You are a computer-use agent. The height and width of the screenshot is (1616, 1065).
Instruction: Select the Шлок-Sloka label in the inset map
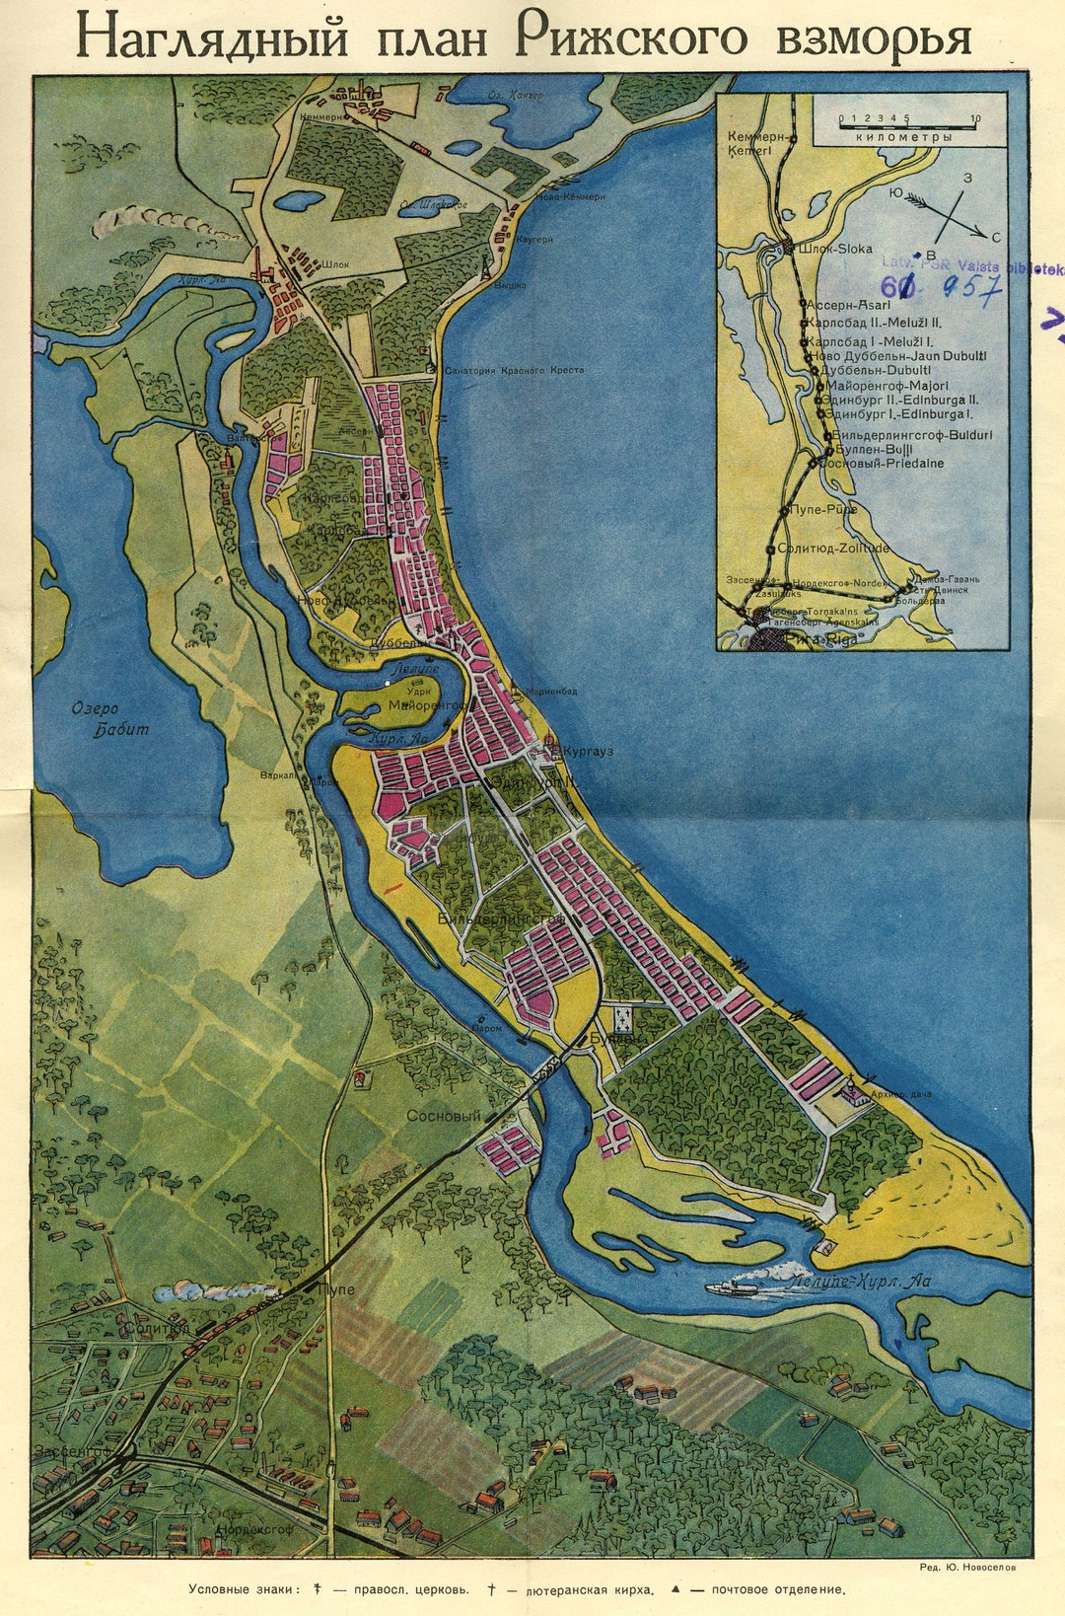(x=833, y=249)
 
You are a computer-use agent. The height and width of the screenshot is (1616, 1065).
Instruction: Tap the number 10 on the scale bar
(x=974, y=118)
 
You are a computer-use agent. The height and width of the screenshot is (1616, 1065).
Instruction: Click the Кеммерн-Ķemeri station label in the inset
(x=754, y=143)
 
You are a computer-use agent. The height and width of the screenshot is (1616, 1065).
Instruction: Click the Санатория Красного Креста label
(x=514, y=370)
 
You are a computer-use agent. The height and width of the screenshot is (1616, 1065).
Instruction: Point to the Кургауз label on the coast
(x=588, y=751)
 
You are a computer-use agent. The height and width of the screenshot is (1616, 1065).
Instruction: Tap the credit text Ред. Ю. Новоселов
(x=965, y=1566)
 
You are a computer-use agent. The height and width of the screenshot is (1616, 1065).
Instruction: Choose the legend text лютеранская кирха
(x=586, y=1589)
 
